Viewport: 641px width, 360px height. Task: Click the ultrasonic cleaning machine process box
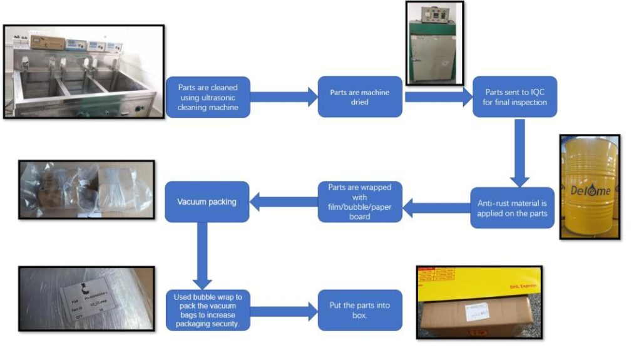pos(207,96)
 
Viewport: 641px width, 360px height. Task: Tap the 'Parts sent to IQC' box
pos(514,96)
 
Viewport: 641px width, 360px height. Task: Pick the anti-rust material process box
pos(513,207)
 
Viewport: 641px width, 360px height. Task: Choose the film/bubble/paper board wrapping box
pos(359,202)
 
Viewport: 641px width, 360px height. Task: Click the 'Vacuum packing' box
pos(207,202)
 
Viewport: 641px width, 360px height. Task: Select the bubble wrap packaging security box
pos(207,309)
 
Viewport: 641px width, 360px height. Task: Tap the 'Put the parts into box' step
pos(359,309)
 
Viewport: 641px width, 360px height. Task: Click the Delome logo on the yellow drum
pos(590,190)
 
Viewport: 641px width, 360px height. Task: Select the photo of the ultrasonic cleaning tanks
pos(83,71)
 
